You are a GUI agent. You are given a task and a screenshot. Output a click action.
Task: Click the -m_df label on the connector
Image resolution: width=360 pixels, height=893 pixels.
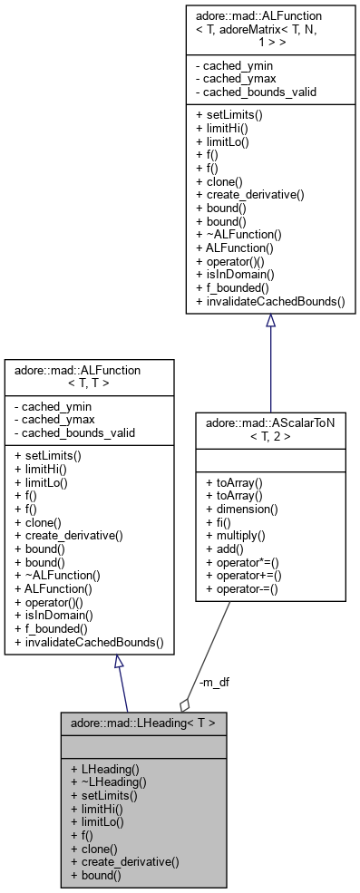(213, 683)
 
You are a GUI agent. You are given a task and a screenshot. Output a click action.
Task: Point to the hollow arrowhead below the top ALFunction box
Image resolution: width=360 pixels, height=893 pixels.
(269, 325)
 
